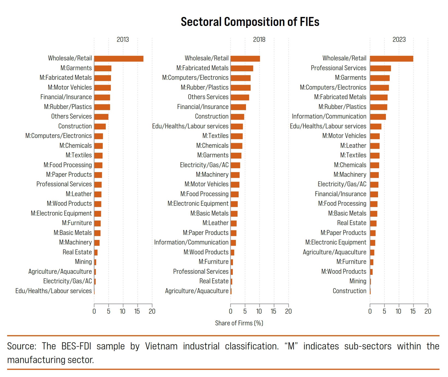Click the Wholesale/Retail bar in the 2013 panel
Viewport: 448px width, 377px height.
(119, 59)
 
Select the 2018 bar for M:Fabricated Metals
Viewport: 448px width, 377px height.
(242, 68)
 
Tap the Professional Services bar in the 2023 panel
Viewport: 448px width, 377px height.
(380, 68)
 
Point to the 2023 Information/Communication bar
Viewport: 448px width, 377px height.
(378, 117)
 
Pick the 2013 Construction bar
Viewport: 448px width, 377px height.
(100, 126)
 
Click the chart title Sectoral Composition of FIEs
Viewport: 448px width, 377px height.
(250, 22)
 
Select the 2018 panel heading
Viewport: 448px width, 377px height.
(259, 40)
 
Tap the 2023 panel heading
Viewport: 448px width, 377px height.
(399, 40)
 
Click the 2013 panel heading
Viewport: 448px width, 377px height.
(123, 40)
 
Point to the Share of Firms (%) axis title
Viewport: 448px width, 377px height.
(239, 323)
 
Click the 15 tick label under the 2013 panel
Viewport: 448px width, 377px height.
(137, 311)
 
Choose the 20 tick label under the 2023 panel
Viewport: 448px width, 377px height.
(427, 311)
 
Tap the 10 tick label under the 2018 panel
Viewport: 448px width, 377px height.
(259, 311)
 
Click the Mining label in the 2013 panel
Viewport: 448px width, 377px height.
(83, 262)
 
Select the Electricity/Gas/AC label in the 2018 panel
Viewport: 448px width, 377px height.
(204, 165)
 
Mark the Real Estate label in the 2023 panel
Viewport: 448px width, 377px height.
(352, 223)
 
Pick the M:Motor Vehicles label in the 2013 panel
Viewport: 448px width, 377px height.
(70, 87)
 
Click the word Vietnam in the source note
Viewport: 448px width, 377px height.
(161, 346)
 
